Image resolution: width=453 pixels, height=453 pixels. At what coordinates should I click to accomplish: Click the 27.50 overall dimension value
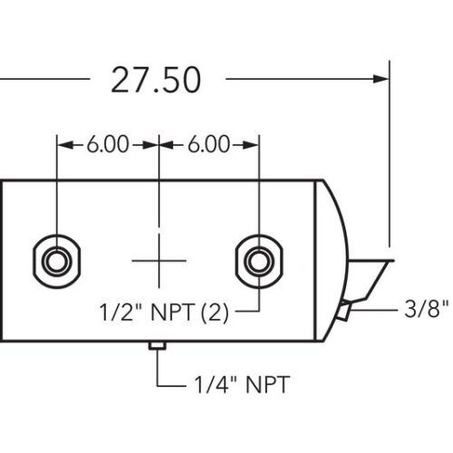point(155,80)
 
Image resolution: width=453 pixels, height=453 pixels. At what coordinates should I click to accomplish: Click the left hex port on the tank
point(56,260)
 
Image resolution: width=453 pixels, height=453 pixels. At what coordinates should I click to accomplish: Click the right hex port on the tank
point(259,260)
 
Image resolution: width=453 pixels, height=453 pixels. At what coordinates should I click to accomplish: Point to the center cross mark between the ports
point(159,260)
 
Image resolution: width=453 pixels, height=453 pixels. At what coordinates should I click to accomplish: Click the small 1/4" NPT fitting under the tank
point(158,345)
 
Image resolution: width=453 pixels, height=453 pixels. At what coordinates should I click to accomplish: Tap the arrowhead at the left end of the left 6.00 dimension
point(63,144)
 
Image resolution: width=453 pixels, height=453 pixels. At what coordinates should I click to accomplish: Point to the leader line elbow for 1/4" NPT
point(159,385)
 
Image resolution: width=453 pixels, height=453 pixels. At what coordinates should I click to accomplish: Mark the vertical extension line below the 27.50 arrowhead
point(389,163)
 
